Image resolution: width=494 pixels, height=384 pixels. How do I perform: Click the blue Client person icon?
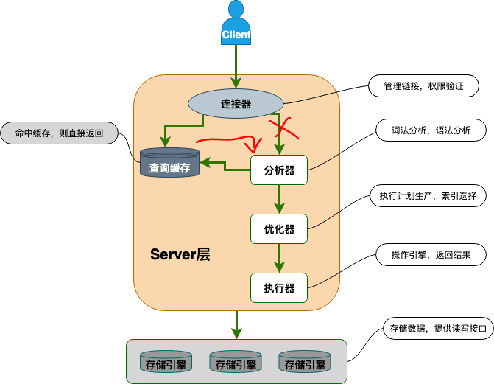click(x=236, y=24)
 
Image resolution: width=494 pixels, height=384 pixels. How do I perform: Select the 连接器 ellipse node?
click(x=236, y=103)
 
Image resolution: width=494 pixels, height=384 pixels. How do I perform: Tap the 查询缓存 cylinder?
click(x=169, y=162)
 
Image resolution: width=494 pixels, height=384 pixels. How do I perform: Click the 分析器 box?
click(x=279, y=170)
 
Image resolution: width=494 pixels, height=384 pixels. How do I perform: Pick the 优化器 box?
click(x=279, y=228)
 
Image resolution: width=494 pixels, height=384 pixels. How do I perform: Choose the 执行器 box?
click(x=279, y=287)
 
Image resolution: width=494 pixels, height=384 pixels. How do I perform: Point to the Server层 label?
click(x=180, y=254)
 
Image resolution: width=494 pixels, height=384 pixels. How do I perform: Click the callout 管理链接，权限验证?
click(x=423, y=85)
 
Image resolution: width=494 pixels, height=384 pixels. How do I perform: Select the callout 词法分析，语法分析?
click(x=431, y=130)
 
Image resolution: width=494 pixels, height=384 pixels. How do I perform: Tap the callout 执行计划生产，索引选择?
click(x=428, y=195)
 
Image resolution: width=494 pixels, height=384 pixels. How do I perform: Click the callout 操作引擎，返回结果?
click(x=431, y=254)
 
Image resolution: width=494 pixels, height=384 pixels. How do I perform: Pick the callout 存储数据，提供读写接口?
click(x=438, y=329)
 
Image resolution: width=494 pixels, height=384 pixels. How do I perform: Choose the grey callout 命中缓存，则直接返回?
click(x=59, y=133)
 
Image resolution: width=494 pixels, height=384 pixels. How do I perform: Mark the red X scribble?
click(x=283, y=129)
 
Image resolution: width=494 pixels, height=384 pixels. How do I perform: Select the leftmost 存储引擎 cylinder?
click(x=166, y=362)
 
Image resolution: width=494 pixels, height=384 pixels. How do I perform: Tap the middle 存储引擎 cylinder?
click(x=236, y=362)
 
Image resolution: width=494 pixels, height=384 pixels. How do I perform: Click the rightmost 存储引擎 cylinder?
click(x=305, y=362)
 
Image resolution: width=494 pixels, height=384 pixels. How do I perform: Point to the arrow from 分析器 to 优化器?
click(x=279, y=199)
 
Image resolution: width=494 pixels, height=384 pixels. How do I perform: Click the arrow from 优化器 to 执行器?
click(x=279, y=258)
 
